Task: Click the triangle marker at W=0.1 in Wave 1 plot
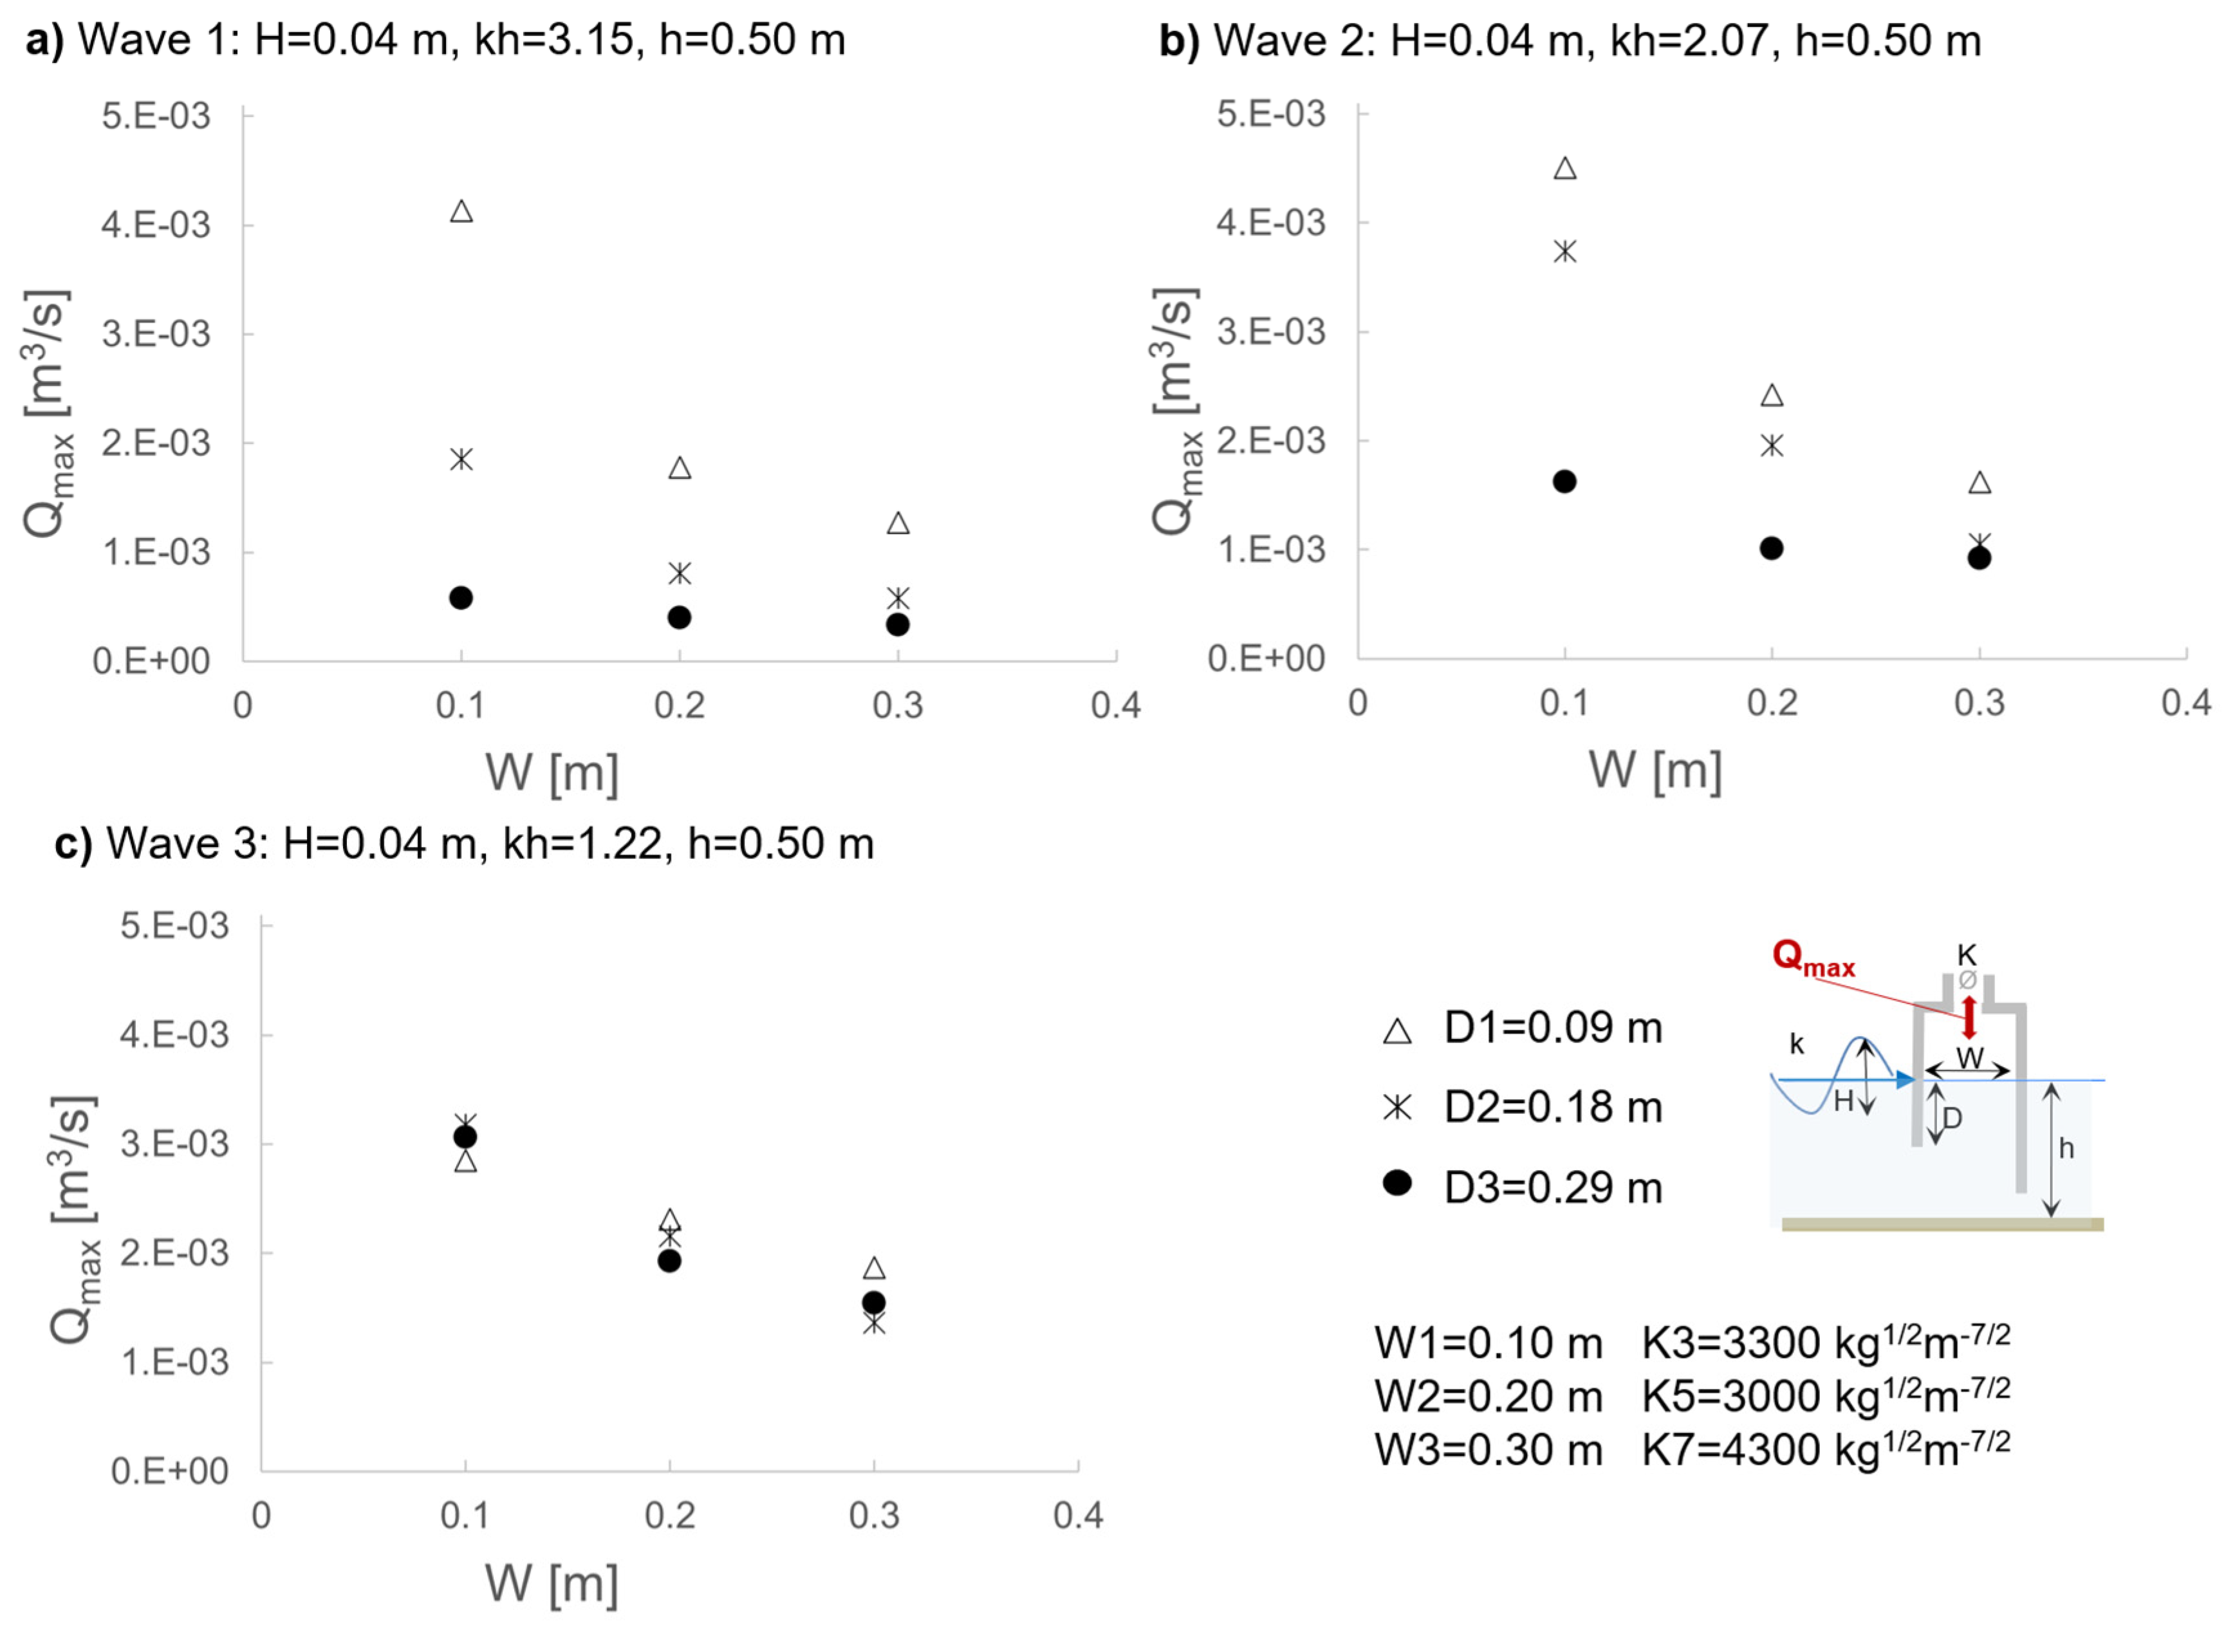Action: click(x=461, y=210)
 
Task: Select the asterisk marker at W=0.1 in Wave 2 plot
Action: click(x=1564, y=251)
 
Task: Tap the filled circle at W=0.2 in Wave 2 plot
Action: click(x=1771, y=548)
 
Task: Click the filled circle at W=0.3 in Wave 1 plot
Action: click(x=897, y=624)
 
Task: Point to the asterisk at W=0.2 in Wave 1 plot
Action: click(x=680, y=572)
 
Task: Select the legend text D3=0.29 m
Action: click(x=1553, y=1188)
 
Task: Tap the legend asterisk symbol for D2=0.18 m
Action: click(x=1397, y=1108)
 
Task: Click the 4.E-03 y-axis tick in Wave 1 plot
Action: click(x=156, y=225)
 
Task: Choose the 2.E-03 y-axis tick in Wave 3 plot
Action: click(x=174, y=1252)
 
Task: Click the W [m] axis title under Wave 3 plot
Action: click(x=552, y=1584)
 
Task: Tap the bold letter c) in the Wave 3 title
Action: click(x=73, y=844)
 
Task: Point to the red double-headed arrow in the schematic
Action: click(x=1968, y=1018)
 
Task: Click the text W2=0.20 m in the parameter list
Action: click(x=1488, y=1397)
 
